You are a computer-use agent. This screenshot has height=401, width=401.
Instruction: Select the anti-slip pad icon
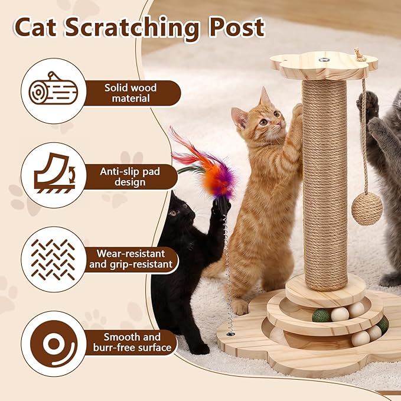(x=52, y=174)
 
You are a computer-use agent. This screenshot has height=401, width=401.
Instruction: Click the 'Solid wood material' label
(x=131, y=93)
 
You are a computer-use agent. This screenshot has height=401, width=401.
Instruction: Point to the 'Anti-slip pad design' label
(x=131, y=175)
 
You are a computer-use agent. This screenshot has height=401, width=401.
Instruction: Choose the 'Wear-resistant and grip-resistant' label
(x=131, y=259)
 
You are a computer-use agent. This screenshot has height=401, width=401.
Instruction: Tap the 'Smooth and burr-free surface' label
(x=131, y=343)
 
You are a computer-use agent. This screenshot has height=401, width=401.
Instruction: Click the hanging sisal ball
(x=367, y=209)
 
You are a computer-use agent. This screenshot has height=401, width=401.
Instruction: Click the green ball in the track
(x=321, y=315)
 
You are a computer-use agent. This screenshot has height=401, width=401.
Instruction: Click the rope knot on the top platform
(x=360, y=55)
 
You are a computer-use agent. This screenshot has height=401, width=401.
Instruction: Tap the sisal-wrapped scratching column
(x=325, y=183)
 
